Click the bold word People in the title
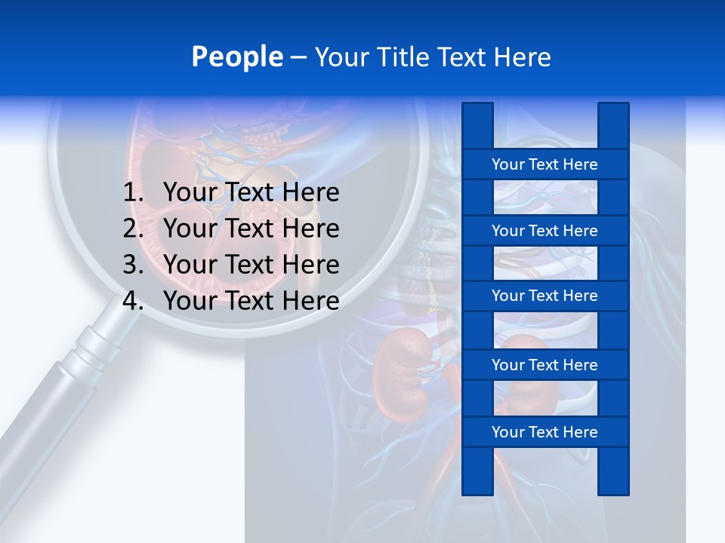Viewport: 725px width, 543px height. (236, 57)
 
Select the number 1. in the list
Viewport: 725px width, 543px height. (133, 193)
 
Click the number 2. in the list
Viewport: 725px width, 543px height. (133, 229)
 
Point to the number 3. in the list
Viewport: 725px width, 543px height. (133, 265)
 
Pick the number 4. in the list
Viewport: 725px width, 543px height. (133, 301)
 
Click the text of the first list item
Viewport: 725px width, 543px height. (251, 193)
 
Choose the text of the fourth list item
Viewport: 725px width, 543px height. (251, 301)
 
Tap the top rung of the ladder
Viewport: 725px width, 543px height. (545, 164)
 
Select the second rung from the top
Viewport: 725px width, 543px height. (545, 231)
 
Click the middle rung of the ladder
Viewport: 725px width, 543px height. (545, 296)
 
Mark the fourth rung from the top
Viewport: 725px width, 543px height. (545, 365)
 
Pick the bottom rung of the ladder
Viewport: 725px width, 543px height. (545, 432)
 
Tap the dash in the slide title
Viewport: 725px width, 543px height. (298, 57)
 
